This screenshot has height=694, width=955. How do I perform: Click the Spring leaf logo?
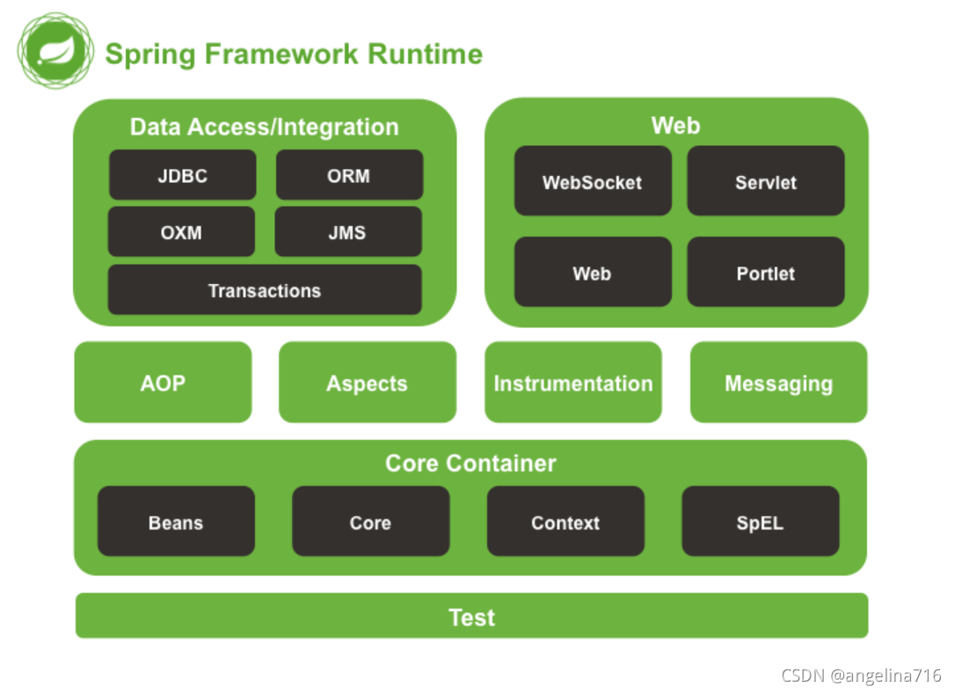[55, 50]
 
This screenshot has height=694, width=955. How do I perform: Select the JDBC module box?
[183, 175]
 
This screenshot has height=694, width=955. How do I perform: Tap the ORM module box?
[349, 175]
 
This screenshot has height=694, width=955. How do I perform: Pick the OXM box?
[181, 232]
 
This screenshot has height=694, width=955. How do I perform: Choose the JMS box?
[347, 232]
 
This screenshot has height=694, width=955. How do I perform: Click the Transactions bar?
[265, 290]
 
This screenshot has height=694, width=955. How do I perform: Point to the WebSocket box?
[593, 181]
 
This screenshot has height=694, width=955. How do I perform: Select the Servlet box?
[766, 181]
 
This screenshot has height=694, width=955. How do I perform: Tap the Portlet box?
[766, 273]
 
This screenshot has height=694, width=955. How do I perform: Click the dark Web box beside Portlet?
[593, 273]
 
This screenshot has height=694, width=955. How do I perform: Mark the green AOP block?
[164, 383]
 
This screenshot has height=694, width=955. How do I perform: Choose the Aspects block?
[368, 383]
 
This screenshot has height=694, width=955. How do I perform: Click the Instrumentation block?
[573, 383]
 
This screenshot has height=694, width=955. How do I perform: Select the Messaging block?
[779, 383]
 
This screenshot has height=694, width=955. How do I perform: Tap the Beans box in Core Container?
[176, 522]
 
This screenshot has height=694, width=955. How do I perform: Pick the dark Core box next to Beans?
[370, 522]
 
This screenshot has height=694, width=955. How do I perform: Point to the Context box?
[565, 522]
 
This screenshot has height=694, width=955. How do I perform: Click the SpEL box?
[761, 522]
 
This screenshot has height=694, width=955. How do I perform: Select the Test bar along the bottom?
[472, 616]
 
